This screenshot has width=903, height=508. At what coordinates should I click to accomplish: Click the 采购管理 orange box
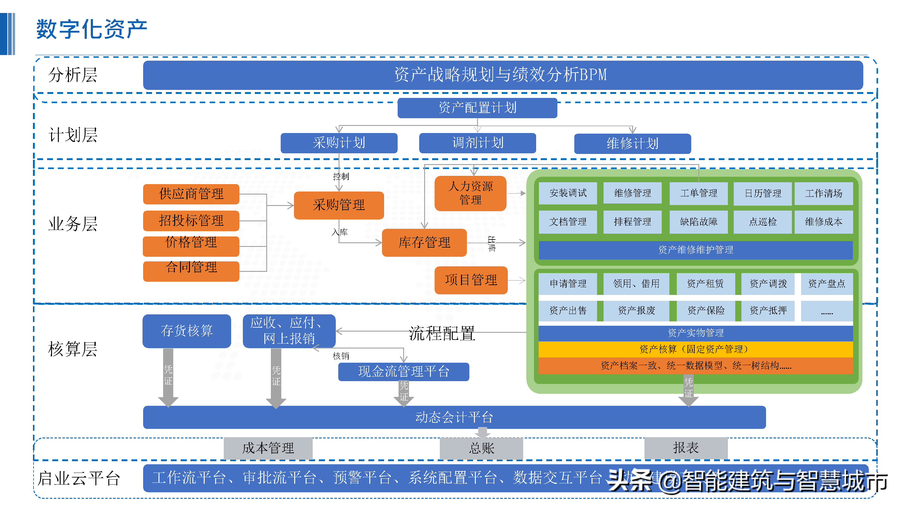click(339, 205)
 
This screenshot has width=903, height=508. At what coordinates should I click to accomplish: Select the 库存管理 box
click(424, 242)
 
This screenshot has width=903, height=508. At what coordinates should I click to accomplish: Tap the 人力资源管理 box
click(471, 193)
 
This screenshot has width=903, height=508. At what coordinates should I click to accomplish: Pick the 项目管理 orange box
click(471, 280)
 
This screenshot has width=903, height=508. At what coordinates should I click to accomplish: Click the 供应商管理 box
click(191, 194)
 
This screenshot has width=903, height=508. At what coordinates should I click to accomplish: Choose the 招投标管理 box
click(191, 220)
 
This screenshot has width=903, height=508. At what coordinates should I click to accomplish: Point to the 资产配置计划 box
click(477, 108)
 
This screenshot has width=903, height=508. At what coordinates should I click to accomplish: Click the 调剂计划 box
click(477, 143)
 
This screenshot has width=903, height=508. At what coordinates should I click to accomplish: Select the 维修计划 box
click(632, 143)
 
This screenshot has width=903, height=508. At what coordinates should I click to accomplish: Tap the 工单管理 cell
click(698, 193)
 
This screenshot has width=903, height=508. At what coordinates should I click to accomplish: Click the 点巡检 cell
click(762, 222)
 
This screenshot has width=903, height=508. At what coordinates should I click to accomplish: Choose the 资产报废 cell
click(636, 310)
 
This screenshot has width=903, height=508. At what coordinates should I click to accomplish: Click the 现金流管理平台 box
click(403, 371)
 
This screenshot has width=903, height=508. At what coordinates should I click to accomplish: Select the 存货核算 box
click(187, 331)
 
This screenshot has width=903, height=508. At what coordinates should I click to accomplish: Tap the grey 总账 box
click(481, 448)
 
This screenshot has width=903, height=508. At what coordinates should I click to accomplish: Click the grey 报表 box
click(686, 448)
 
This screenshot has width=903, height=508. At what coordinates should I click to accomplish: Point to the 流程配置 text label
click(442, 333)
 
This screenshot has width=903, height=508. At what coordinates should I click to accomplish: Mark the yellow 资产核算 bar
click(696, 349)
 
